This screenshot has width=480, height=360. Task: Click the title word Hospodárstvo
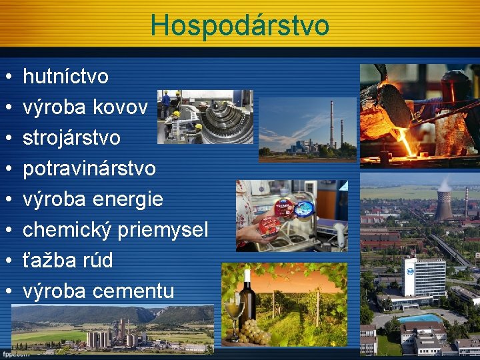(239, 25)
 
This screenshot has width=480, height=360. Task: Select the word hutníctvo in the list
(65, 77)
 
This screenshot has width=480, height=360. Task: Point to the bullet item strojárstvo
(71, 138)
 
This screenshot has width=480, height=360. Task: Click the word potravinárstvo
(89, 169)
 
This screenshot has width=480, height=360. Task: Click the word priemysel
(163, 230)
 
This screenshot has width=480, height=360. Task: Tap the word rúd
(97, 260)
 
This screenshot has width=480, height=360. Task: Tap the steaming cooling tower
(443, 203)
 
